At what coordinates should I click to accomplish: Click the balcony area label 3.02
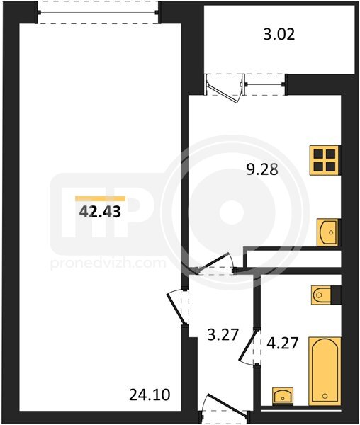click(x=279, y=35)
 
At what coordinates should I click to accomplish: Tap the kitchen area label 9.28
click(x=262, y=170)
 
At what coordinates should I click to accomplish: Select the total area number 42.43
click(x=100, y=212)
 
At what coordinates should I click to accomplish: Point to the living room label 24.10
click(x=150, y=395)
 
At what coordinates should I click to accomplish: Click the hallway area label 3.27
click(x=223, y=335)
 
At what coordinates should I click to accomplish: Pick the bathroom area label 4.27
click(x=283, y=343)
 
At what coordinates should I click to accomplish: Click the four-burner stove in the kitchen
click(x=325, y=160)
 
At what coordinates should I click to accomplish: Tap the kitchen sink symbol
click(x=328, y=232)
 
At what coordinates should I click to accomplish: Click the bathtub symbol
click(x=325, y=371)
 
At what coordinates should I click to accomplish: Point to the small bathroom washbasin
click(x=283, y=396)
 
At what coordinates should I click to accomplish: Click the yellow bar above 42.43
click(x=101, y=198)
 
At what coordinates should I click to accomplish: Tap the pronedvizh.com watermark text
click(x=108, y=263)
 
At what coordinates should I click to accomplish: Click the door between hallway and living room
click(x=178, y=307)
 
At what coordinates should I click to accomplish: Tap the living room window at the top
click(x=98, y=12)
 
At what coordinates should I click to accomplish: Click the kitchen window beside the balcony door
click(x=265, y=84)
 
